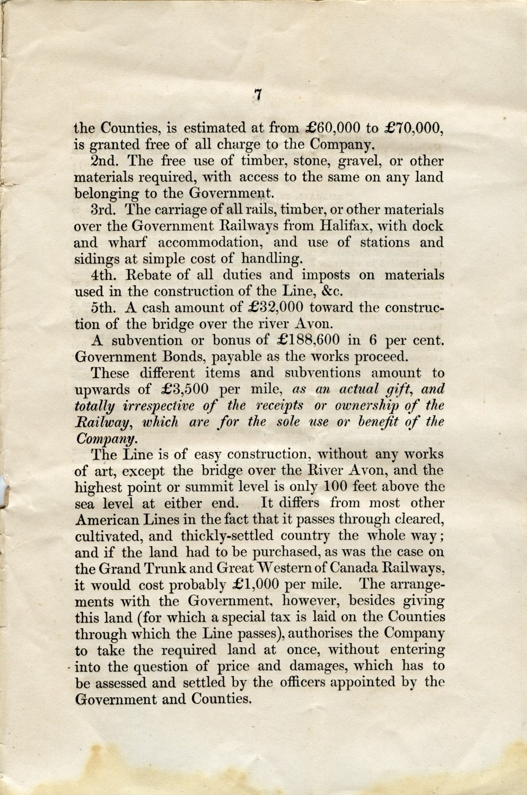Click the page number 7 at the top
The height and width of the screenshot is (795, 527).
pos(258,95)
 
